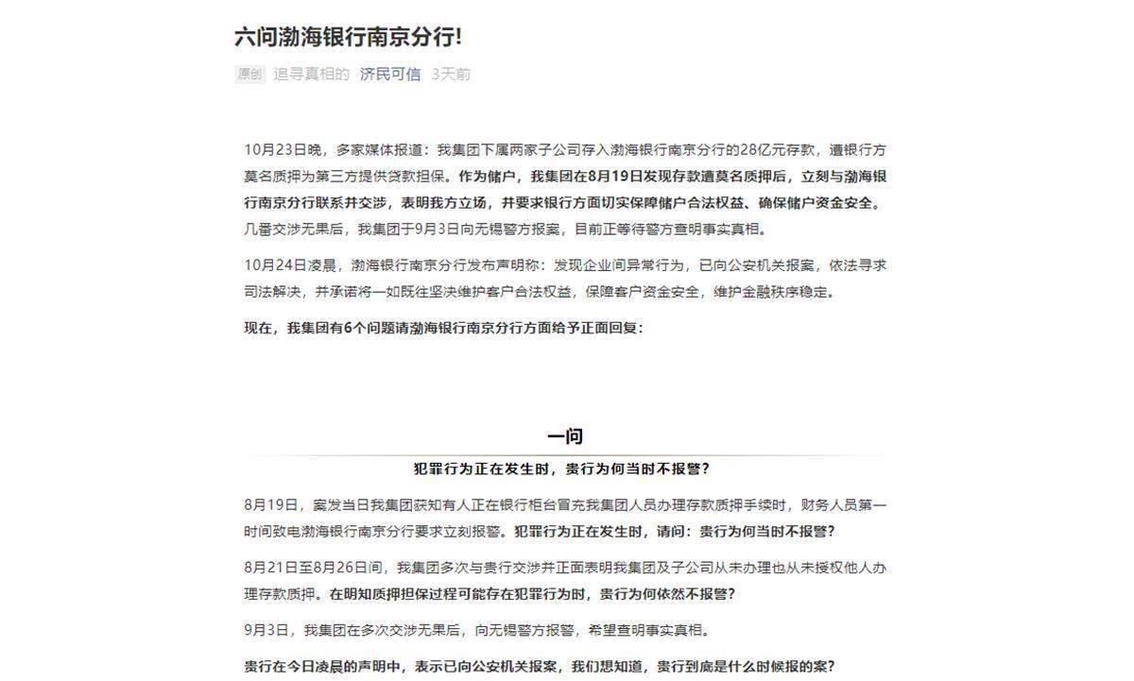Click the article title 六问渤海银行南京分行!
point(348,37)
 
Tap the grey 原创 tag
point(249,75)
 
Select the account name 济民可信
point(390,75)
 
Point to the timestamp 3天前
point(451,75)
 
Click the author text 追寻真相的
point(311,75)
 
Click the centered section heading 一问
point(564,436)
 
